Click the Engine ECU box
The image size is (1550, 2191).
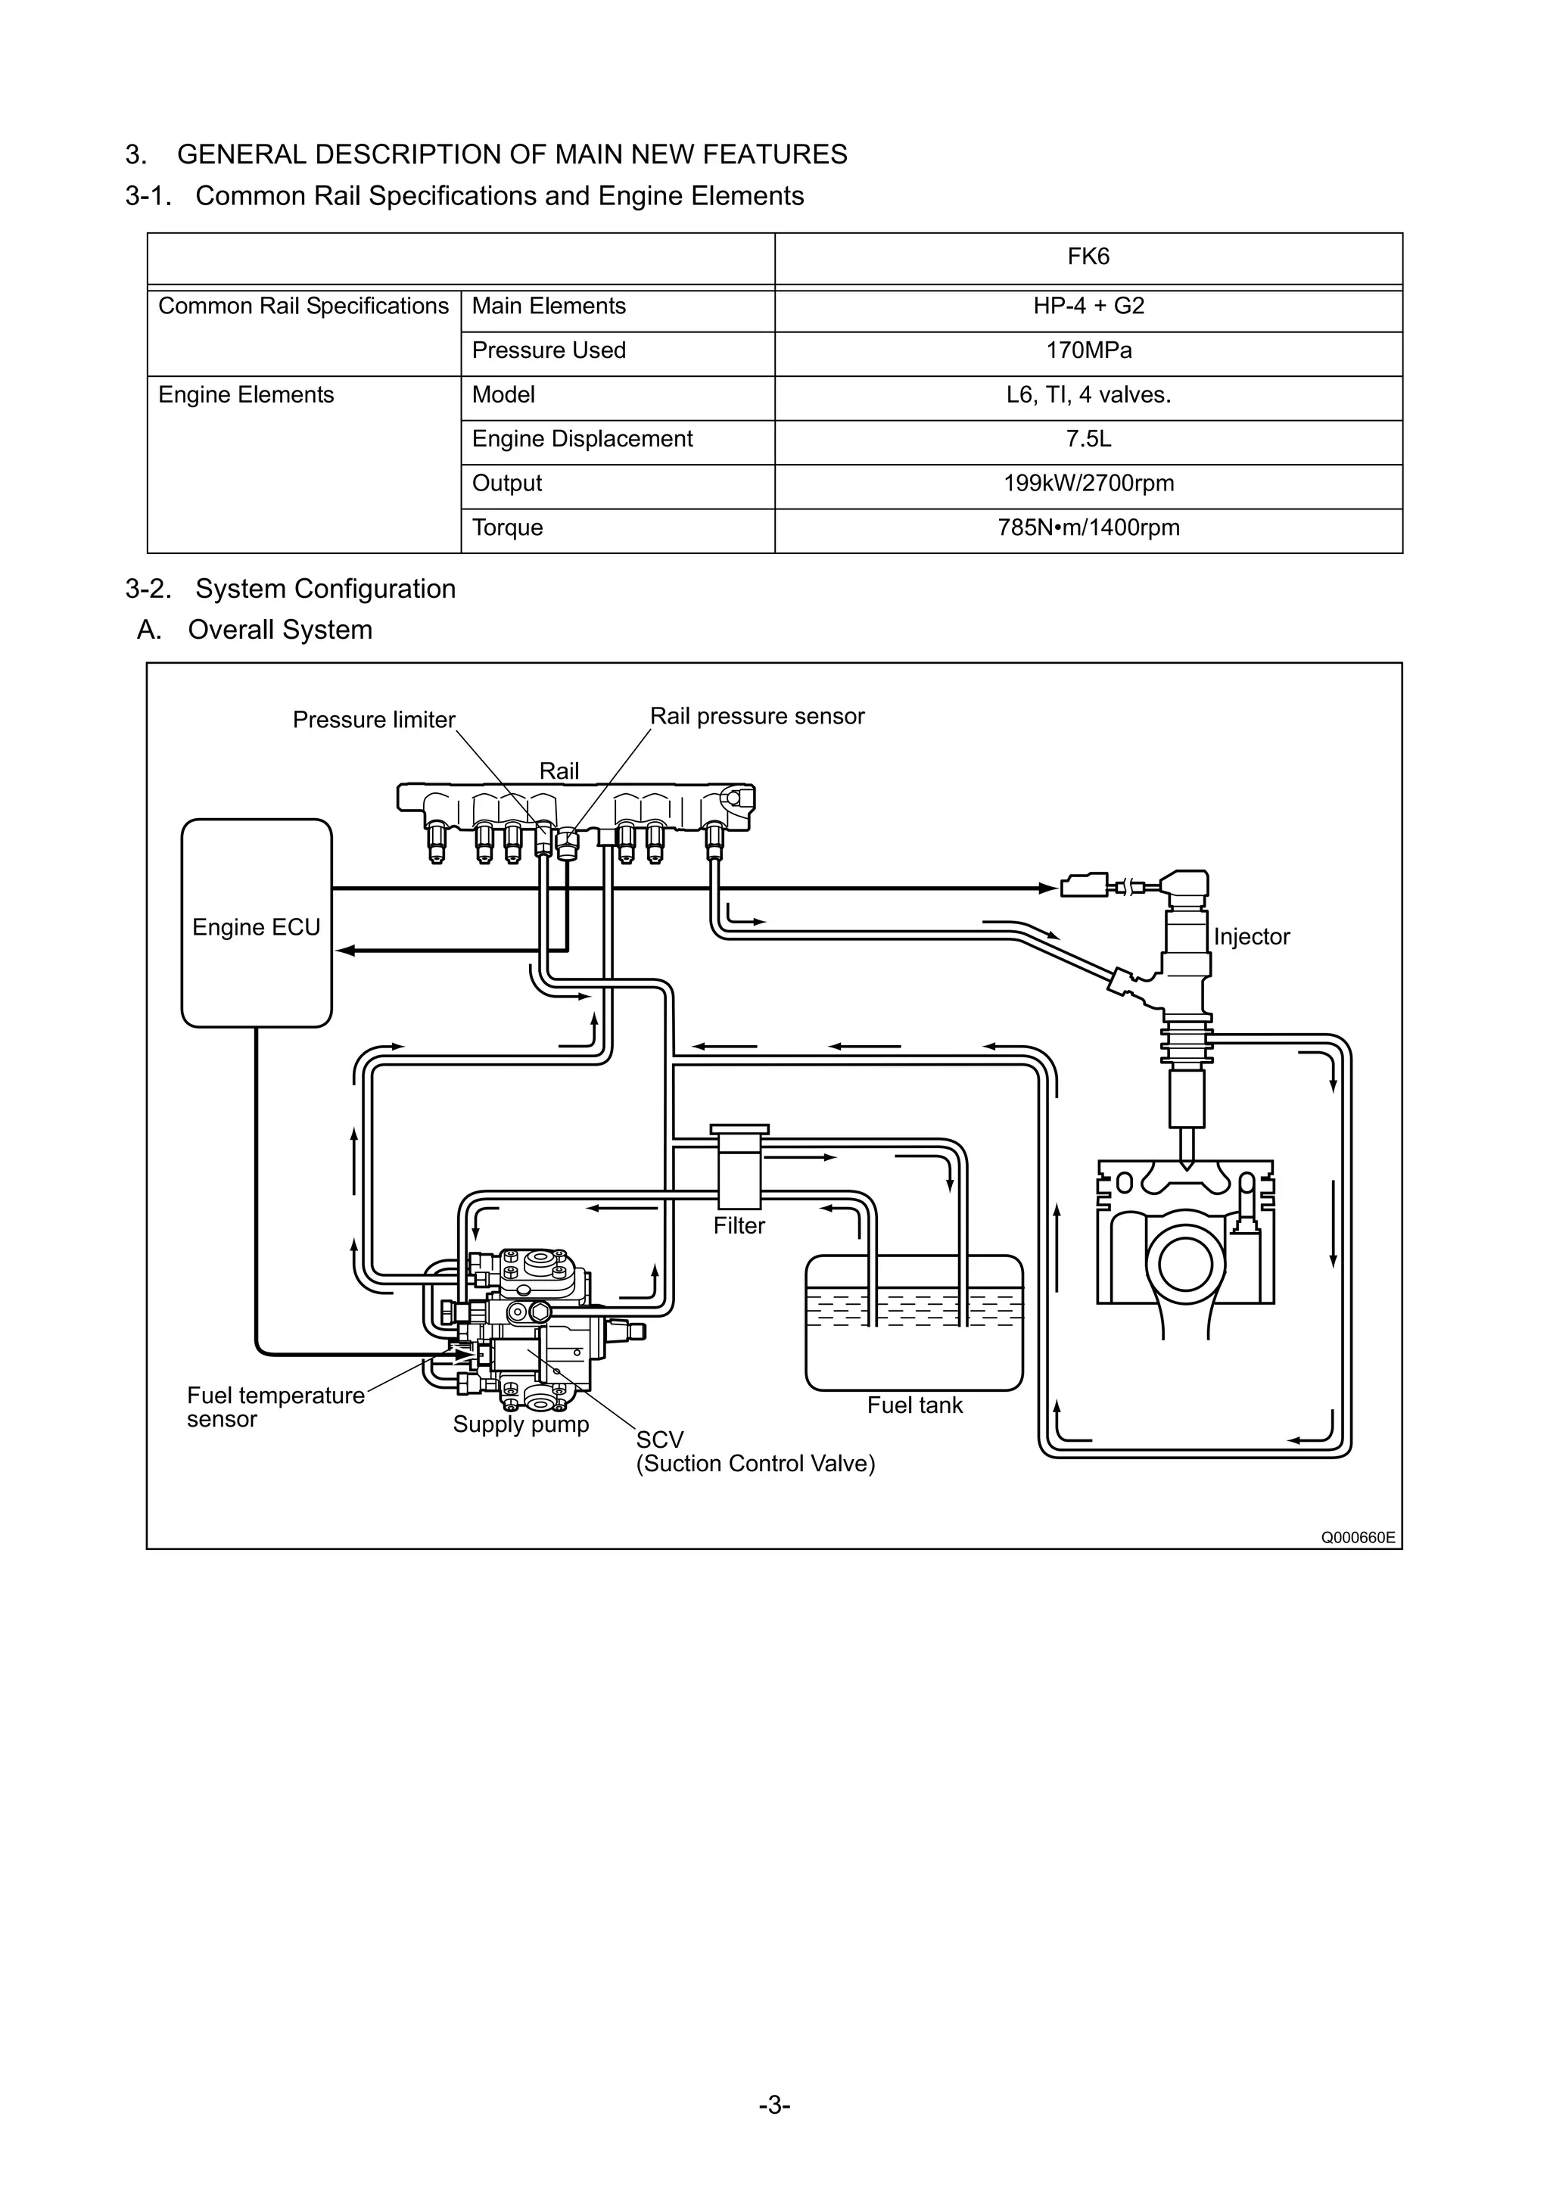click(x=256, y=923)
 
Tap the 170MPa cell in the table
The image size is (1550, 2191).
click(x=1088, y=351)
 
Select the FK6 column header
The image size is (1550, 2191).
click(x=1088, y=257)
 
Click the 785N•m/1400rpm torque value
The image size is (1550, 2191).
click(x=1088, y=528)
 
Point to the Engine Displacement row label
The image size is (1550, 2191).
click(x=582, y=439)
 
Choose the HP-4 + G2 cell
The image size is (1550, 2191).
click(x=1088, y=307)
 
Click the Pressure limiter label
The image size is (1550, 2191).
click(x=373, y=720)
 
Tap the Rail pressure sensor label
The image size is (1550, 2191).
click(x=757, y=717)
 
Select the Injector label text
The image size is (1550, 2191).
click(x=1251, y=937)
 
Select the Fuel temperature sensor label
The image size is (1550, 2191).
click(x=275, y=1408)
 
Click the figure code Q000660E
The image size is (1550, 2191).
click(x=1357, y=1537)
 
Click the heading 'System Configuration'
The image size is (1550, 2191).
click(x=325, y=589)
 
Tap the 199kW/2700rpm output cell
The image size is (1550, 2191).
click(x=1088, y=484)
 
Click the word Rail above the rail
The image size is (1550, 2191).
click(x=559, y=771)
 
